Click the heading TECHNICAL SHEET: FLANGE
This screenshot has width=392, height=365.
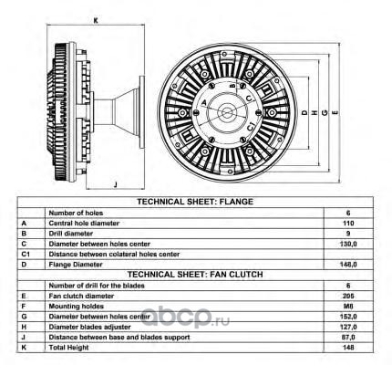pos(195,202)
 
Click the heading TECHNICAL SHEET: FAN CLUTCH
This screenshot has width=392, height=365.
pos(195,275)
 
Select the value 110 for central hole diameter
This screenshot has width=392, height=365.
pos(348,224)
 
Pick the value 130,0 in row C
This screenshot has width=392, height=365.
pos(348,244)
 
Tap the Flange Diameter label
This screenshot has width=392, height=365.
pos(76,265)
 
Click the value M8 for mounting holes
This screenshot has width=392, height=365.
pos(348,307)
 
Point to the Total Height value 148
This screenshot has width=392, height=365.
pos(348,348)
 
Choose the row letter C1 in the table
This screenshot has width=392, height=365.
pos(26,254)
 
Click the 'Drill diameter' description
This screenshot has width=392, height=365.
pos(71,234)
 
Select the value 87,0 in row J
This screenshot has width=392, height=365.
pos(348,337)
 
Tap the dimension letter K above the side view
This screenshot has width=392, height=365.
pos(96,21)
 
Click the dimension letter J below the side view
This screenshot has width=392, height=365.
pos(115,184)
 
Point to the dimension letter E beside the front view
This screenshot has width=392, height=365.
pos(335,113)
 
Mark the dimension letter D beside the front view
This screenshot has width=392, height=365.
pos(304,113)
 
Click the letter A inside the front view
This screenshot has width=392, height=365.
pos(204,102)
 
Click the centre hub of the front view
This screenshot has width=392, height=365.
pos(226,112)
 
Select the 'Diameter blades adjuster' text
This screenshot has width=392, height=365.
pos(89,327)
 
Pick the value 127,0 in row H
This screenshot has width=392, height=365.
pos(348,327)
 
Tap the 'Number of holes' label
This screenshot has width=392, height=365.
pos(76,213)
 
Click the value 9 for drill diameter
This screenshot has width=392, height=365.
pos(348,234)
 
